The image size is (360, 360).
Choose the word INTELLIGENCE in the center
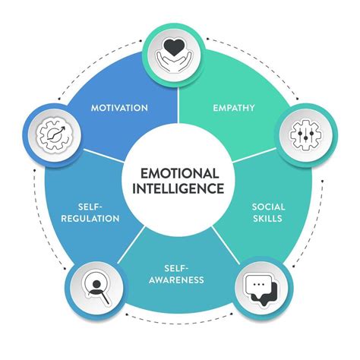pyautogui.click(x=179, y=188)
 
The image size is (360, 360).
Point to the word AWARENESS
pyautogui.click(x=177, y=279)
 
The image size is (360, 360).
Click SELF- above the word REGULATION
pyautogui.click(x=90, y=206)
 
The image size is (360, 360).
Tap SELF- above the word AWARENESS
pyautogui.click(x=177, y=267)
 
